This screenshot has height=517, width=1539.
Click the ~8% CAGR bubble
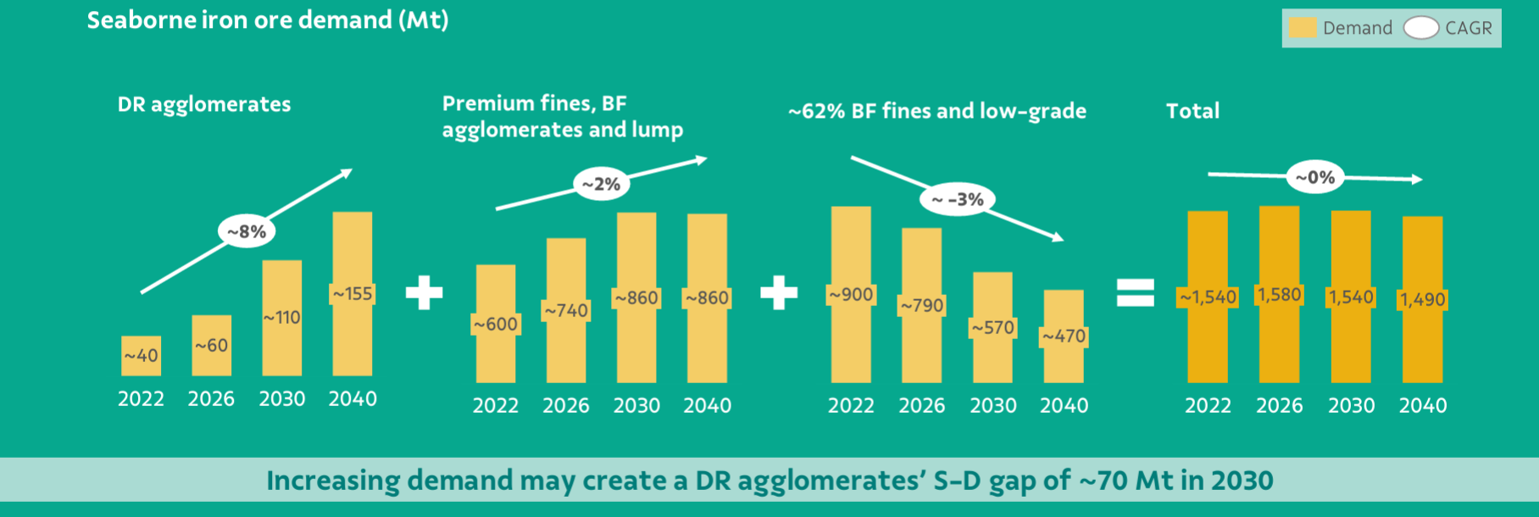click(247, 231)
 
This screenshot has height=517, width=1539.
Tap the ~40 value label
click(141, 356)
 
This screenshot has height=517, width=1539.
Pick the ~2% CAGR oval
click(601, 184)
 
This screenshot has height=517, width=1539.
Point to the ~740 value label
click(566, 311)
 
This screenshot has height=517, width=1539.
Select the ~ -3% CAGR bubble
click(958, 200)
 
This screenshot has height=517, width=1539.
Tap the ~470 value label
click(1064, 336)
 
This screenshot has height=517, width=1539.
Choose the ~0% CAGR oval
click(1315, 177)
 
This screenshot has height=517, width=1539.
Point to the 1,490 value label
click(1423, 299)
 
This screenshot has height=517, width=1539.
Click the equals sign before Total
click(1136, 292)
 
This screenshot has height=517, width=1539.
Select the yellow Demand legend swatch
click(1303, 28)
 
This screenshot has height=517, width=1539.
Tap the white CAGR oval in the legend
click(1421, 28)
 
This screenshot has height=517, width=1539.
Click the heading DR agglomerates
click(204, 104)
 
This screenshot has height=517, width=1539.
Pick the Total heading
click(1192, 111)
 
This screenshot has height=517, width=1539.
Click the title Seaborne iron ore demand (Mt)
click(268, 20)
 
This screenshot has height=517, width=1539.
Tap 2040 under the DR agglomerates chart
click(353, 399)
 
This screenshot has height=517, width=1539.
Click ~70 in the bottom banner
click(1103, 481)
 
